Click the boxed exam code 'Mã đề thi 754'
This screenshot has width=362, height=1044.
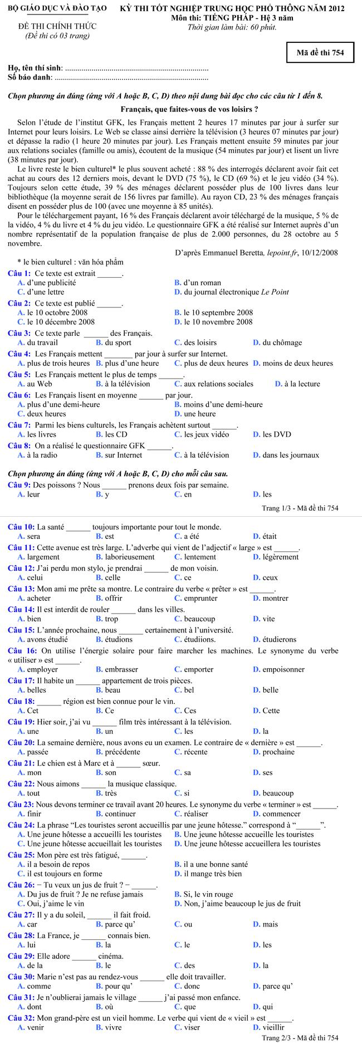point(320,53)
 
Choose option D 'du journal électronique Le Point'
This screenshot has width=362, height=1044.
point(236,292)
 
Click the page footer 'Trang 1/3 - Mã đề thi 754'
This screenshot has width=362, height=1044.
point(300,508)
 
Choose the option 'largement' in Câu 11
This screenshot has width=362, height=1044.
point(43,557)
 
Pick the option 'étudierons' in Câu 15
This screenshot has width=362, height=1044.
point(279,639)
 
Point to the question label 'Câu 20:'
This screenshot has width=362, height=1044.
point(22,742)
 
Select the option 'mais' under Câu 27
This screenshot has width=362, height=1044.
point(270,924)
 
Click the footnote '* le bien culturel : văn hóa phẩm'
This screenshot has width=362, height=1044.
point(70,262)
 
